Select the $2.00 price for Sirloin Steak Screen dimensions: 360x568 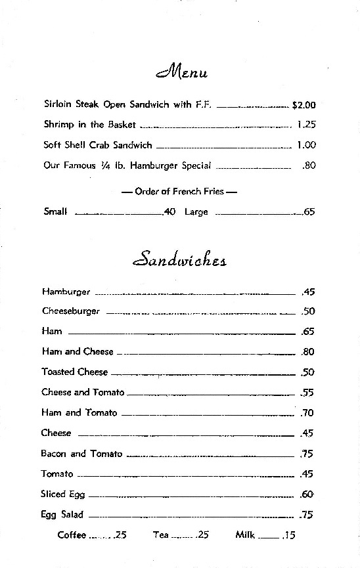point(304,104)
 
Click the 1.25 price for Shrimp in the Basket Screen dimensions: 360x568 point(307,125)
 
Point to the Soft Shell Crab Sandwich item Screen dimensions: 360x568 point(98,145)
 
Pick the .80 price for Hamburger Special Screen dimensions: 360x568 point(309,165)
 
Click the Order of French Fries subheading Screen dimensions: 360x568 point(179,192)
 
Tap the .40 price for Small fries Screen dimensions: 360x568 point(169,212)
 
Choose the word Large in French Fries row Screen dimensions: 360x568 point(196,212)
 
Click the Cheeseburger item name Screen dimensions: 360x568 point(71,311)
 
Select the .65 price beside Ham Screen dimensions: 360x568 point(307,332)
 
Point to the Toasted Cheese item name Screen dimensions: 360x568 point(74,372)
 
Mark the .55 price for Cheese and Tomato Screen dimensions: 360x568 point(307,393)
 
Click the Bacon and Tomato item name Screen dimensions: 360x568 point(81,454)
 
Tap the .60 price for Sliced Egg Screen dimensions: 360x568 point(307,494)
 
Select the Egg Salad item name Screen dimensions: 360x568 point(62,515)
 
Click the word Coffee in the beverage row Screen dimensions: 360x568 point(72,535)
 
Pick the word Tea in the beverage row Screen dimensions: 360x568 point(161,535)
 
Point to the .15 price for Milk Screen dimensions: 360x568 point(288,535)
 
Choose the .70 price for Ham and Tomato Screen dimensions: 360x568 point(307,413)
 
